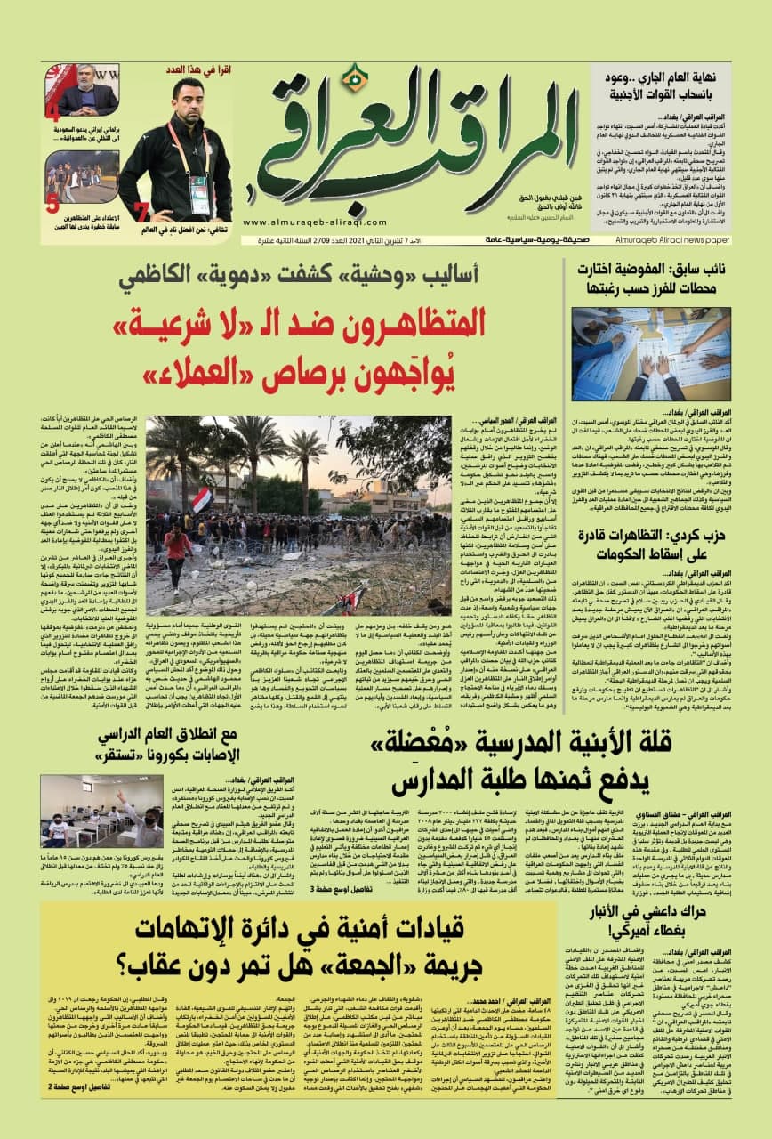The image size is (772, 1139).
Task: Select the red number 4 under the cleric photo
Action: click(53, 113)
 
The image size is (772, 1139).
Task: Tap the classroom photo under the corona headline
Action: click(101, 810)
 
